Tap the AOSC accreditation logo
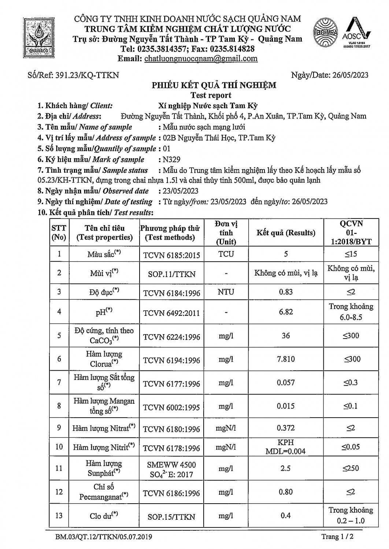coord(356,33)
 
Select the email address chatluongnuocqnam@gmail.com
coord(201,59)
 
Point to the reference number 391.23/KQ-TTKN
coord(87,75)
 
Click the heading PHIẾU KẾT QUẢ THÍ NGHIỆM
coord(214,85)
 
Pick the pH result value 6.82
coord(286,311)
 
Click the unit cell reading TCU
coord(226,254)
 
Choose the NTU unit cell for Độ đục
coord(226,292)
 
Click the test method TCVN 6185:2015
coord(171,255)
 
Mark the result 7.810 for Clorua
coord(286,359)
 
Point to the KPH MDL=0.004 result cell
coord(286,447)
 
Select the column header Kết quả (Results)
coord(286,233)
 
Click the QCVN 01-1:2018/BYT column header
coord(351,233)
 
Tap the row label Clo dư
coord(104,516)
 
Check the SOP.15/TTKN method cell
coord(171,517)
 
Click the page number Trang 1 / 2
coord(337,537)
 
